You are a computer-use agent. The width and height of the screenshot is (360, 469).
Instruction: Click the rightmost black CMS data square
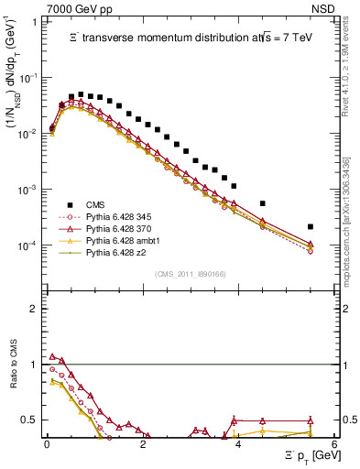coord(311,226)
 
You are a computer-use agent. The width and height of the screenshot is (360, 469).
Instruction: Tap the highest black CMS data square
coord(81,93)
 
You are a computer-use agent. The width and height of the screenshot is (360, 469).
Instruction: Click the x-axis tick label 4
coord(238,443)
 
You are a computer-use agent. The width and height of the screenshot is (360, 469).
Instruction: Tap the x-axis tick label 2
coord(143,443)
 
